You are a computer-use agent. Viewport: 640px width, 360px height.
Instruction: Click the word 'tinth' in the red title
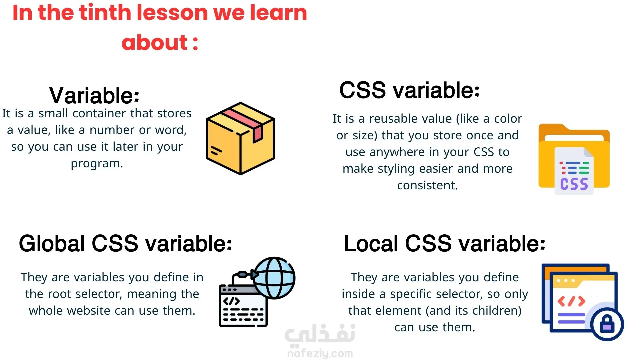tap(105, 13)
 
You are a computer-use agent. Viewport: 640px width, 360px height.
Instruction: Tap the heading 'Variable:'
tap(94, 95)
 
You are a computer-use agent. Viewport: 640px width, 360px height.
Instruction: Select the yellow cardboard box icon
tap(240, 138)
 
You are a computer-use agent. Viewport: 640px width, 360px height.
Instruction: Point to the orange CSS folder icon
tap(574, 159)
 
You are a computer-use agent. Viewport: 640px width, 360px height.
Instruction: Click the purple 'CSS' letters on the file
tap(574, 184)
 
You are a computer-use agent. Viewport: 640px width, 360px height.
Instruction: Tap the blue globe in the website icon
tap(274, 278)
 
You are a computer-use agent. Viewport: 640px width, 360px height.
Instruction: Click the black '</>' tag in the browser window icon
tap(231, 301)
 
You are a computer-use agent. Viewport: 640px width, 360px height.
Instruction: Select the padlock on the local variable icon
tap(607, 324)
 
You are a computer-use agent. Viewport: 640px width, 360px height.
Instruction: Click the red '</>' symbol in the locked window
tap(571, 301)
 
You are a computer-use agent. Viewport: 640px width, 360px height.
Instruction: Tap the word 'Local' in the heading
tap(371, 243)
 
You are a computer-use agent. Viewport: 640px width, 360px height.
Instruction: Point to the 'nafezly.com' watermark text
tap(320, 353)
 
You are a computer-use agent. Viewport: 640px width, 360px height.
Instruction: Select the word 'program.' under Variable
tap(97, 164)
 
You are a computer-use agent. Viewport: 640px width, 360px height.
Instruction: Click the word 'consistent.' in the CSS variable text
tap(428, 185)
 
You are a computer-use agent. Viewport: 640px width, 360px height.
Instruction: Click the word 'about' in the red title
tap(155, 42)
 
